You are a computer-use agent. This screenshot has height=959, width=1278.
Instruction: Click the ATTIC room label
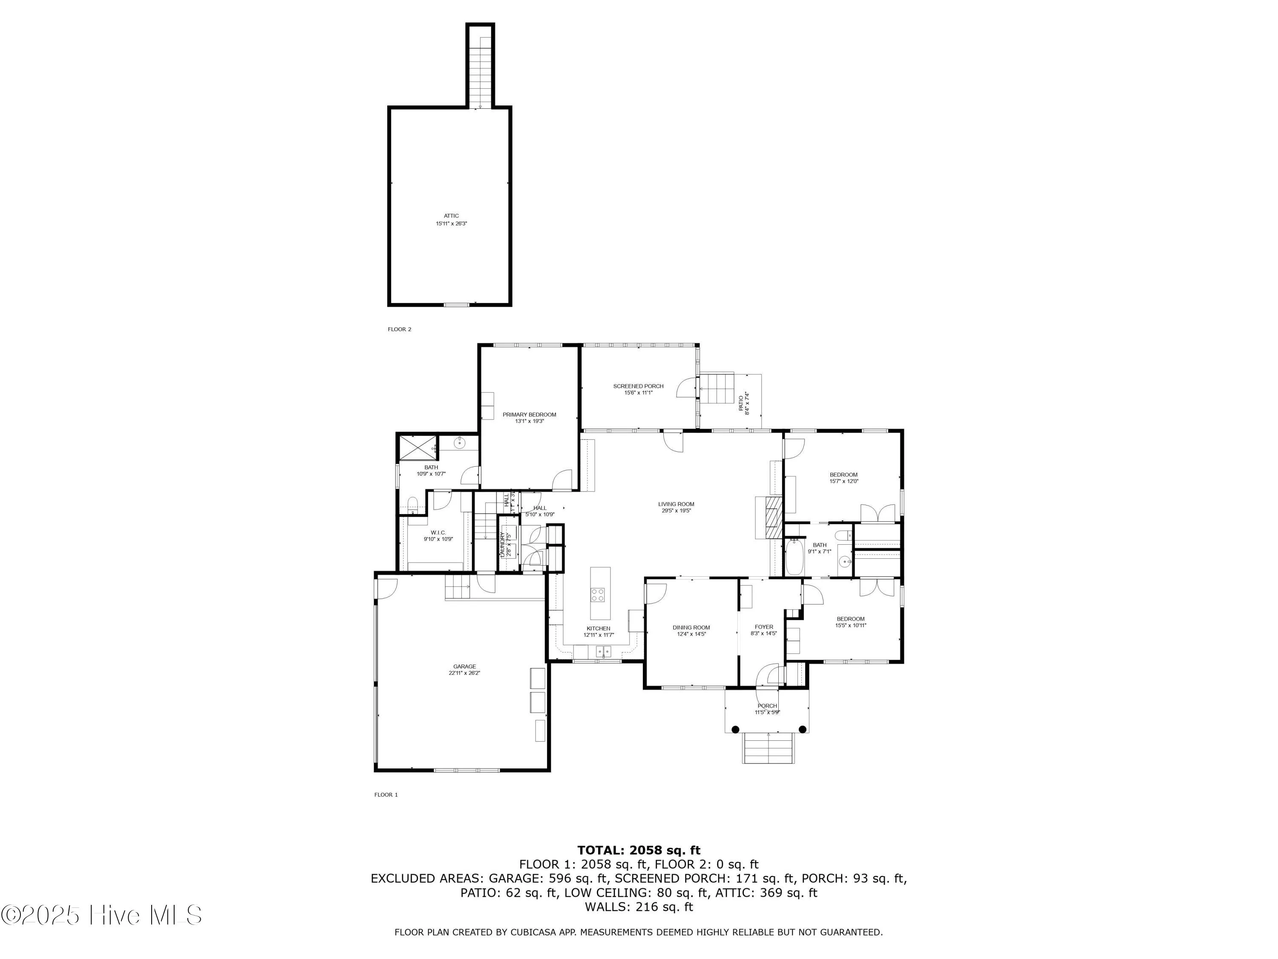(x=451, y=216)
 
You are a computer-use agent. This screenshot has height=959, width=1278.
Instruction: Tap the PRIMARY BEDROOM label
(x=529, y=414)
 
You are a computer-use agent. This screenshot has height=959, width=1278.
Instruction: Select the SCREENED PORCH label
(x=638, y=386)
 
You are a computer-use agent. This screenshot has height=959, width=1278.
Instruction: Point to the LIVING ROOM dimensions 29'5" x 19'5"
(x=676, y=511)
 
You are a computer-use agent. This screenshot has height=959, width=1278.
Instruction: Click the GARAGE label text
(x=464, y=667)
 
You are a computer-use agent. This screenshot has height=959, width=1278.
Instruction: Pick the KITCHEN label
(x=598, y=628)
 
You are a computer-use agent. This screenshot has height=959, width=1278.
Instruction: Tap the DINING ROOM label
(x=691, y=627)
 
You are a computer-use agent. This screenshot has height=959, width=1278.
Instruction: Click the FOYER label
(x=763, y=627)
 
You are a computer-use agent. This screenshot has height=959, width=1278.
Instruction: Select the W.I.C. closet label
(x=438, y=532)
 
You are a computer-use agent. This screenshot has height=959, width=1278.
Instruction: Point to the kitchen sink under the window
(x=603, y=651)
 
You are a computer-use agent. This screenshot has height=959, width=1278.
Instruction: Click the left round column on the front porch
(x=735, y=730)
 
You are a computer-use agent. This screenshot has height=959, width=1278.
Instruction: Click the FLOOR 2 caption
(x=399, y=329)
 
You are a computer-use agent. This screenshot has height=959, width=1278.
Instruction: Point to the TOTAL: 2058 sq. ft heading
(x=639, y=850)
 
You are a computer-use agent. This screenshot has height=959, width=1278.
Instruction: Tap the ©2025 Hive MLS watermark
(x=101, y=915)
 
